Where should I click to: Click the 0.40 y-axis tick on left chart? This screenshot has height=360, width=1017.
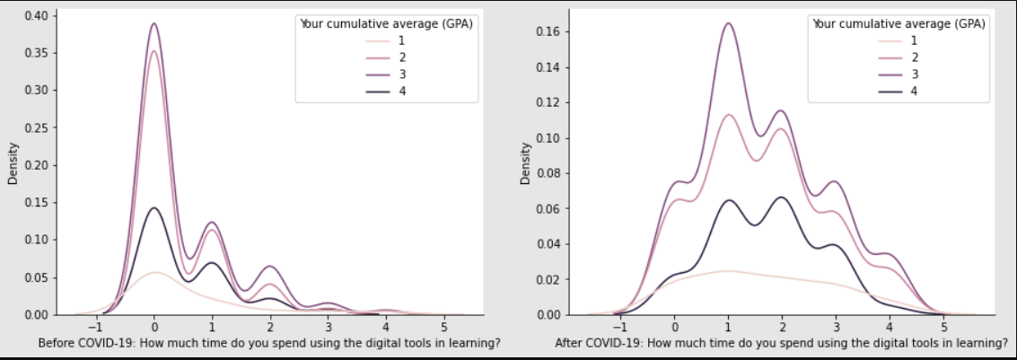point(38,15)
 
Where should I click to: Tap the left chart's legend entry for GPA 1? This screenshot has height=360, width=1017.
point(402,41)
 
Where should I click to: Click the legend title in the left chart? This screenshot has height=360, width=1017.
point(386,24)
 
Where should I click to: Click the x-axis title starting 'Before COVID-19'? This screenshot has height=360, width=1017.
point(257,343)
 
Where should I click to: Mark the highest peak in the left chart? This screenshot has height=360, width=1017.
point(154,24)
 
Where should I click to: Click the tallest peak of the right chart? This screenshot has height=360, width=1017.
point(727,23)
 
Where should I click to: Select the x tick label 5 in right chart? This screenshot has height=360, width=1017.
point(942,327)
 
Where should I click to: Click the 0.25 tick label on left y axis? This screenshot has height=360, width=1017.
point(38,127)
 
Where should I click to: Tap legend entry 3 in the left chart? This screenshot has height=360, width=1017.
point(402,74)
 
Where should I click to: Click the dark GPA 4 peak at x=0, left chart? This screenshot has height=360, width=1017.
point(154,208)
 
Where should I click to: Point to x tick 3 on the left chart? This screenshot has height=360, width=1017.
point(329,327)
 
